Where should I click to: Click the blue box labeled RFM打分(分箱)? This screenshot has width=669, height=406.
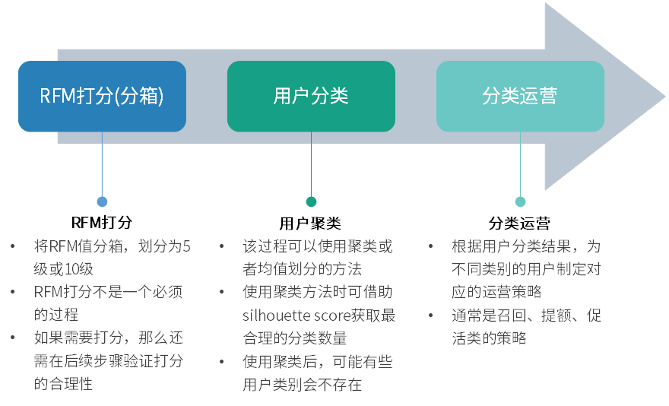tap(102, 97)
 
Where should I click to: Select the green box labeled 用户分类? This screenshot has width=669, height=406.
tap(311, 97)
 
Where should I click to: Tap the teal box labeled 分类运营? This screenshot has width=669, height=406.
tap(520, 97)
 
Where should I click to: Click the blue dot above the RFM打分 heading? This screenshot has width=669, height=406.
tap(102, 201)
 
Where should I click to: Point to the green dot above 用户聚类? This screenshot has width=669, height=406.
tap(311, 201)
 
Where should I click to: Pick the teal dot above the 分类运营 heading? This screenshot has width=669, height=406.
tap(520, 201)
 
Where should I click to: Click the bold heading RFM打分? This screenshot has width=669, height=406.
tap(102, 223)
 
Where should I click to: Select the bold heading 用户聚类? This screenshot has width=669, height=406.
tap(310, 223)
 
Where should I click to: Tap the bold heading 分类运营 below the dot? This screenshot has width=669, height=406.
tap(519, 223)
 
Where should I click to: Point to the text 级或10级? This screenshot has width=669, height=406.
tap(64, 269)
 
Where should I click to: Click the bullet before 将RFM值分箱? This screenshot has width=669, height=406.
tap(13, 247)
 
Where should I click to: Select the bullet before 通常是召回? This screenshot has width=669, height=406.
tap(431, 316)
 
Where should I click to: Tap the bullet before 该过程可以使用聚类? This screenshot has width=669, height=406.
tap(222, 247)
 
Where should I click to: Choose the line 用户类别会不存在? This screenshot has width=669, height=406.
tap(302, 385)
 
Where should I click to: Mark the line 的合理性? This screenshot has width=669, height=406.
tap(63, 385)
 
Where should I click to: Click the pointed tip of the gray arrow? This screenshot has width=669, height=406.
tap(663, 97)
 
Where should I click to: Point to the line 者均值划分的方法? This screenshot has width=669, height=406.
tap(302, 269)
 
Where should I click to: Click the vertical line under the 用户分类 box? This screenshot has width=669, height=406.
tap(311, 163)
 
